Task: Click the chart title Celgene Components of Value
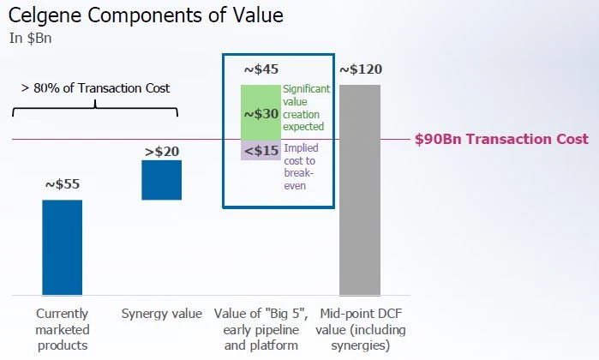coord(146,15)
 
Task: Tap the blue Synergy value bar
coord(161,180)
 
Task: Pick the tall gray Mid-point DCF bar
coord(360,189)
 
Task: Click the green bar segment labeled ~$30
coord(261,112)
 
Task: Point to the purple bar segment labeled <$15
coord(261,151)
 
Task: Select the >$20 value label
coord(161,152)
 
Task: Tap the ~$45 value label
coord(261,69)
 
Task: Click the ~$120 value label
coord(360,69)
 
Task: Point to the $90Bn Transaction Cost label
coord(501,139)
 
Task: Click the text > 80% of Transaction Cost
coord(95,87)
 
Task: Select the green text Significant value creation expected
coord(306,106)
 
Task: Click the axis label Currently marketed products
coord(62,329)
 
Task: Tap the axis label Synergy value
coord(162,314)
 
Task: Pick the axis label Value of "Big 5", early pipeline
coord(261,329)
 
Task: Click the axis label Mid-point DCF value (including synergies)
coord(361,329)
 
